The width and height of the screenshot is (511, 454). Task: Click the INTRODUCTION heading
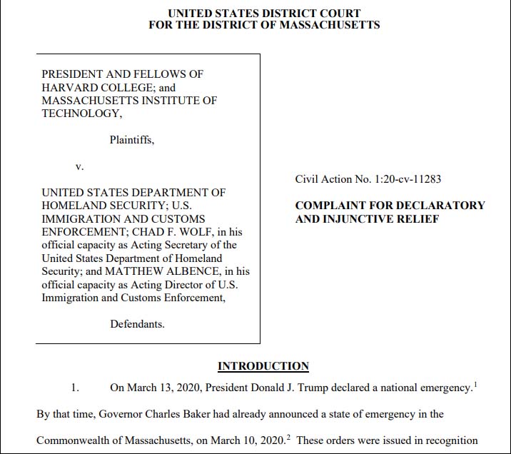click(x=263, y=367)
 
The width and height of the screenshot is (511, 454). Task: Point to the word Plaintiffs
click(x=131, y=140)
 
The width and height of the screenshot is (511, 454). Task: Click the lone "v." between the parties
click(x=80, y=166)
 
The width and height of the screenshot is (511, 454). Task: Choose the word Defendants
click(x=137, y=324)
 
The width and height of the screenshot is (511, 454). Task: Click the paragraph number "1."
click(x=75, y=388)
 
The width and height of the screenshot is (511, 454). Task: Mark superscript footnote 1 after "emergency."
click(x=475, y=385)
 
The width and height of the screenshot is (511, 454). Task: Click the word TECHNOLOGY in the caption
click(x=80, y=113)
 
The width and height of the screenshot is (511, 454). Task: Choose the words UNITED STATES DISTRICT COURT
click(x=264, y=13)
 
